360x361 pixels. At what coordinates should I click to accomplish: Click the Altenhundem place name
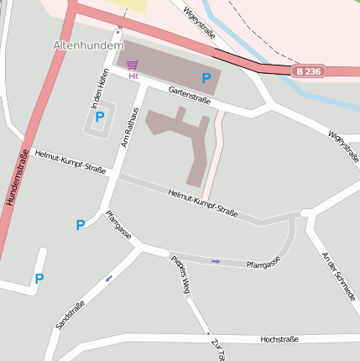[88, 44]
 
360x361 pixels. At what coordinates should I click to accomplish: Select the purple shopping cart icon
[132, 64]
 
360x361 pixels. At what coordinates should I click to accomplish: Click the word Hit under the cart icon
[133, 76]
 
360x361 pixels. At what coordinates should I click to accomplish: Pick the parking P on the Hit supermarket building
[206, 78]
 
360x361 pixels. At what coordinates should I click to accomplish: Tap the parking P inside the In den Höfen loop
[100, 117]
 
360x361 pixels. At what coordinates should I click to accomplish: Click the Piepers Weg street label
[181, 274]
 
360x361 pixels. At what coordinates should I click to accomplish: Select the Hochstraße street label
[279, 340]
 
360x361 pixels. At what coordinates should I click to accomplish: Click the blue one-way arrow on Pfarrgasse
[216, 261]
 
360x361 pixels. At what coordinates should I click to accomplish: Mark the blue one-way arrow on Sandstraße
[108, 278]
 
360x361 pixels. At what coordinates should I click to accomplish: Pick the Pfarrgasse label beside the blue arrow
[262, 264]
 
